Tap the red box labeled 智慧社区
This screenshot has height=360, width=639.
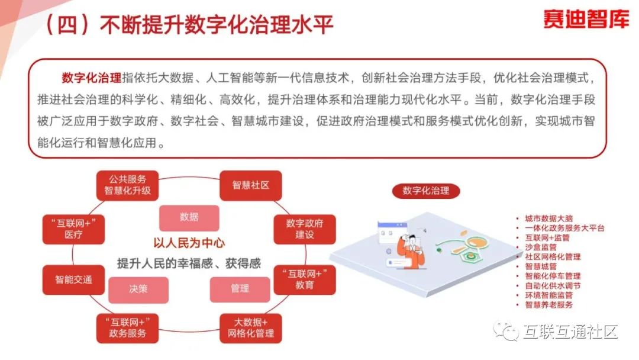coord(250,185)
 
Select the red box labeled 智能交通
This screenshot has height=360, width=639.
coord(74,279)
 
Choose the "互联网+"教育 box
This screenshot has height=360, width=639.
coord(305,279)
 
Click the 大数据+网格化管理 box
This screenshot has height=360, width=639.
coord(250,327)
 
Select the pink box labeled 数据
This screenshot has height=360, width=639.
coord(189,217)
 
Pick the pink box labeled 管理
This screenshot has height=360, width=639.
coord(240,289)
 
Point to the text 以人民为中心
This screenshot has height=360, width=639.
coord(189,243)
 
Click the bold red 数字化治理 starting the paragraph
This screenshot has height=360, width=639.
coord(91,78)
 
